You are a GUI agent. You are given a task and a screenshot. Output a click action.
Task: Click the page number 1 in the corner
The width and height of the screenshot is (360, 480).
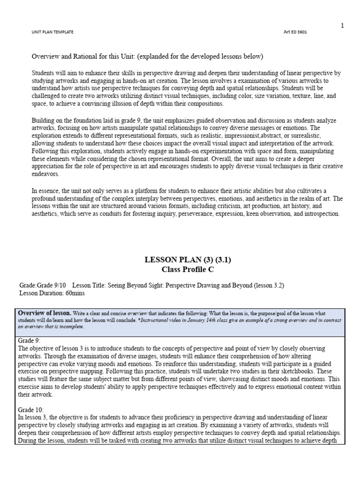342,25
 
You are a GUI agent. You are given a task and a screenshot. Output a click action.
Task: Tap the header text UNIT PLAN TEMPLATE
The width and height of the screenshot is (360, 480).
52,32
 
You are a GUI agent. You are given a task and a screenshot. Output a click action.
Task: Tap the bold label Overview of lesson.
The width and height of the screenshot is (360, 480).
45,313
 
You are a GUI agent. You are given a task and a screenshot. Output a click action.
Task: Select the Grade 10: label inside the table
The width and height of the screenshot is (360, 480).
30,409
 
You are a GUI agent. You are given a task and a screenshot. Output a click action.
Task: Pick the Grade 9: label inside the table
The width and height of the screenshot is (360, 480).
29,341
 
